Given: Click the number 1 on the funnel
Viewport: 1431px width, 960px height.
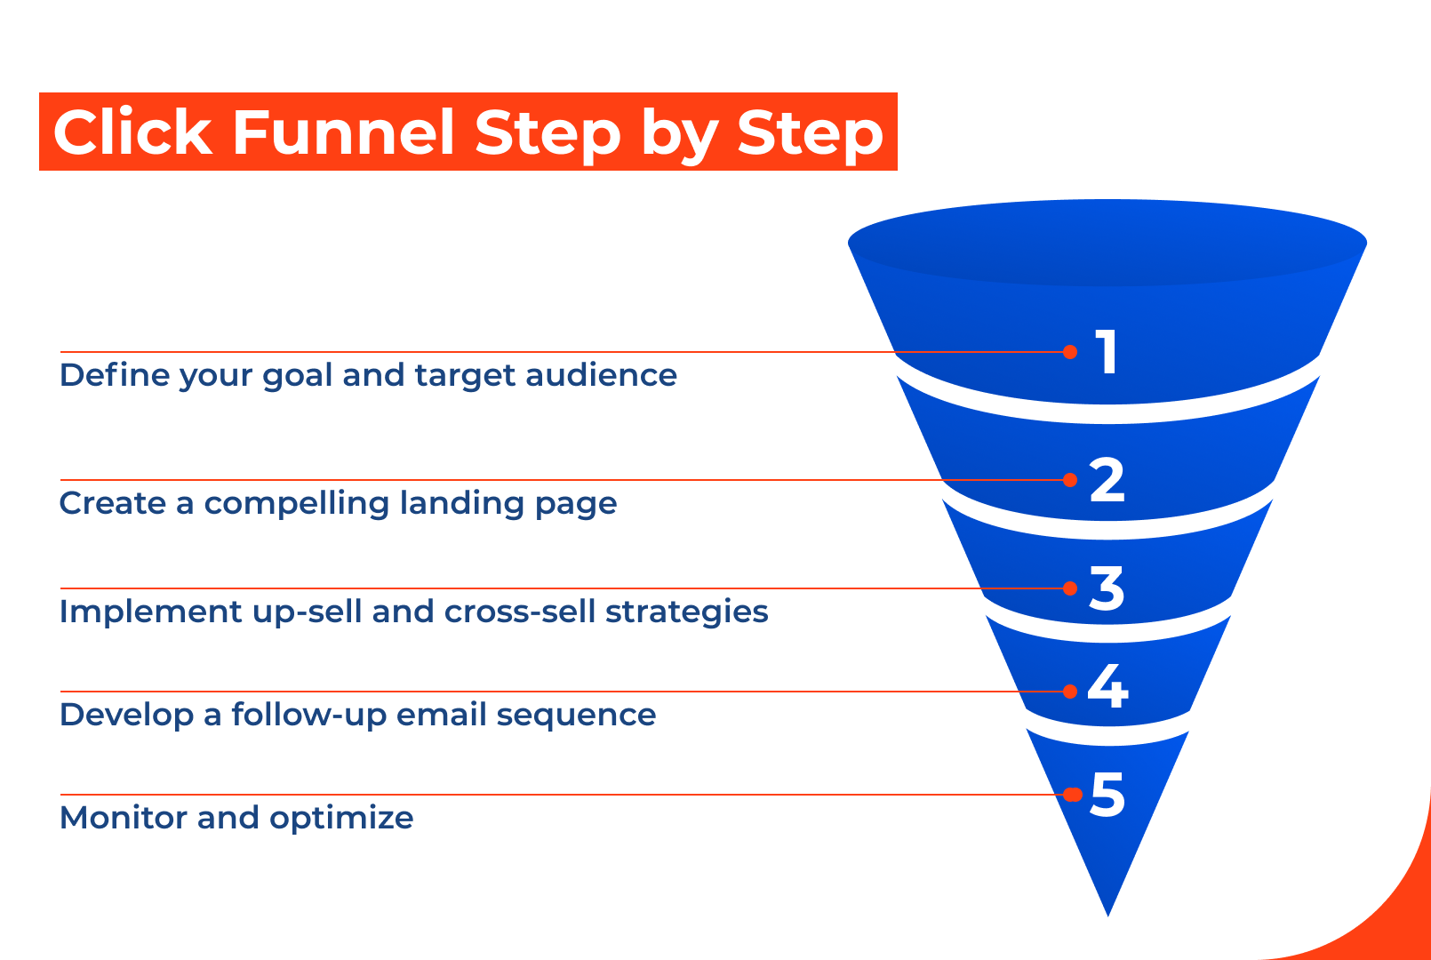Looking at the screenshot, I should (1107, 352).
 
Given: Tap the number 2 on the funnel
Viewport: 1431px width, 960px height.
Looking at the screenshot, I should (1107, 480).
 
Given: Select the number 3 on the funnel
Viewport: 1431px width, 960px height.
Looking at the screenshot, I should (1107, 588).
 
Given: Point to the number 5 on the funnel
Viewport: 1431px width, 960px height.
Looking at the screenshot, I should (1107, 795).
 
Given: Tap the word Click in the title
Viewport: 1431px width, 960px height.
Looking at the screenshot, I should (132, 132).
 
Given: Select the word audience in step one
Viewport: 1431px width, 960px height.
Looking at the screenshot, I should (601, 375).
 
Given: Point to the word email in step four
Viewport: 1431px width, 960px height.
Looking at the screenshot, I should (441, 715).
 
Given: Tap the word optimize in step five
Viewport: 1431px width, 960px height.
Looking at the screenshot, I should (341, 818).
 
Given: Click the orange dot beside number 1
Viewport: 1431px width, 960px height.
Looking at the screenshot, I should (1070, 352).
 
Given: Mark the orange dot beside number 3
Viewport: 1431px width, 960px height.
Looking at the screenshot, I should (1070, 588).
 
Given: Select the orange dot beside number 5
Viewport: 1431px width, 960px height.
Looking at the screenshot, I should (1073, 795).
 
